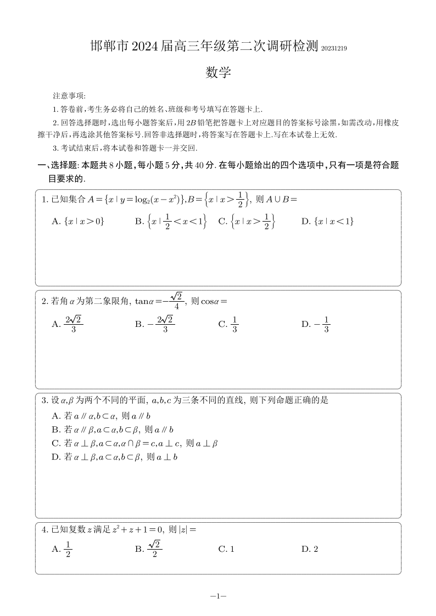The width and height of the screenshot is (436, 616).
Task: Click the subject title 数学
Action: pos(218,73)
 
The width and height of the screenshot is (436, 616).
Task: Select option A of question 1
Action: pos(77,221)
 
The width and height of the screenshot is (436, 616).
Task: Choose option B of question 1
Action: pos(170,221)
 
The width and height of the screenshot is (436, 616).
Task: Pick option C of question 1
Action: pos(246,221)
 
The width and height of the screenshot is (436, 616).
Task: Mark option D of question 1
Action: pos(327,221)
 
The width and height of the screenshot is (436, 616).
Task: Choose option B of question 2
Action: pos(155,324)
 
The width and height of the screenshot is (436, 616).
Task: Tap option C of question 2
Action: pos(228,324)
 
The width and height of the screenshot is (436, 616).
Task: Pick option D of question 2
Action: pos(315,324)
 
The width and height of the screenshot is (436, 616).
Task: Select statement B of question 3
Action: pos(112,429)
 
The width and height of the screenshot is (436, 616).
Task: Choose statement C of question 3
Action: pos(135,443)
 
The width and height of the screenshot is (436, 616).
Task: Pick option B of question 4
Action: pos(148,549)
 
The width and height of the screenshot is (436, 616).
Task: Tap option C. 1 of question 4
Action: pos(226,549)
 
